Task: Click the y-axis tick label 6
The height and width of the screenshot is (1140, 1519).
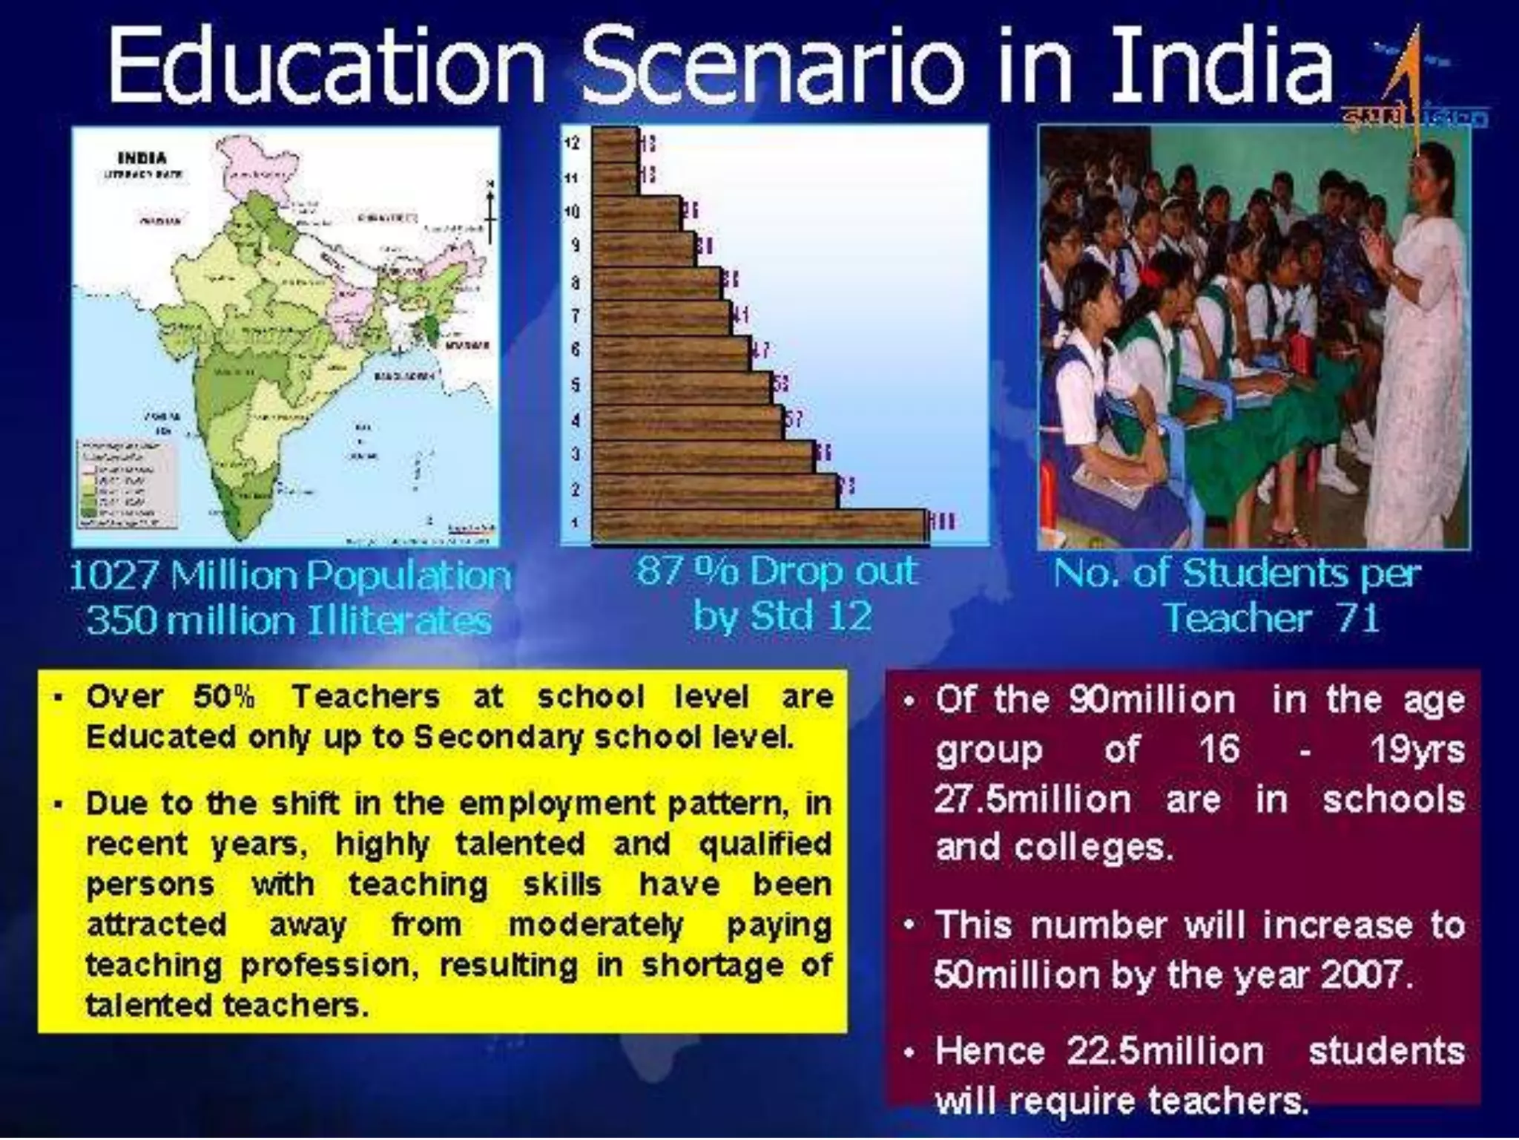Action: [576, 350]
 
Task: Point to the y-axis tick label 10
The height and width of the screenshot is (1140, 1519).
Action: [572, 212]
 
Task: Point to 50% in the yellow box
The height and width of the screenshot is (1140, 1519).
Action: [223, 697]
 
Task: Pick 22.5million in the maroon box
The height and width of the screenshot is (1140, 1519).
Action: [1165, 1052]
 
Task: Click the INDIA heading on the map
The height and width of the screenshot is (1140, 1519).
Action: [142, 158]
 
